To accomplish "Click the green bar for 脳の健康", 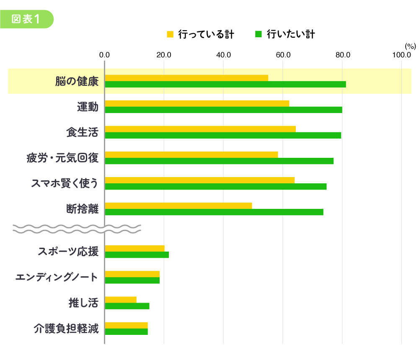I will (225, 84).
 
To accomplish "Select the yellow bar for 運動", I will (197, 103).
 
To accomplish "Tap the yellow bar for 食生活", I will (200, 129).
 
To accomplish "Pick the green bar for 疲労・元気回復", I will (219, 161).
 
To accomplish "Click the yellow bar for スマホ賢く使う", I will (199, 180).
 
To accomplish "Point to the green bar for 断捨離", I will (214, 212).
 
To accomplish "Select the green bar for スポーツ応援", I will (137, 255).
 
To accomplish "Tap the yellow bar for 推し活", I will (121, 299).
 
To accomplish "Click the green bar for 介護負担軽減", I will (127, 332).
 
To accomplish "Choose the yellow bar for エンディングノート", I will (132, 274).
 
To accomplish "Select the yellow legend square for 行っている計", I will (170, 34).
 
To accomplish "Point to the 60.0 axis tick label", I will (283, 54).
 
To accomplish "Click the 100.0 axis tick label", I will (402, 54).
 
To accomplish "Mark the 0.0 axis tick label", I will (104, 54).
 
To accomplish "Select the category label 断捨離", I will (82, 209).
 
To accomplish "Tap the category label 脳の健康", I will (77, 81).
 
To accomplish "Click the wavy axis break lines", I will (77, 228).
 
